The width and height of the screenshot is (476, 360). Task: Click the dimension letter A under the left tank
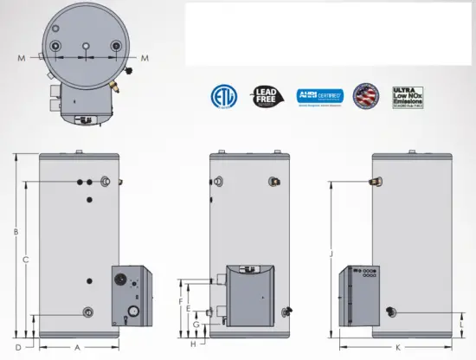point(76,347)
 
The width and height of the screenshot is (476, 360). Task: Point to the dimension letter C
point(26,259)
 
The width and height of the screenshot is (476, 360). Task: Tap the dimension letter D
point(16,347)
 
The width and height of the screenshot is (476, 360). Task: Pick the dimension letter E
point(188,308)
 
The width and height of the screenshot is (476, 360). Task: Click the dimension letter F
point(179,301)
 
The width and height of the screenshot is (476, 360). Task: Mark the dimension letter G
point(196,325)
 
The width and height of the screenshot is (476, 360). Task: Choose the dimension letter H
point(194,344)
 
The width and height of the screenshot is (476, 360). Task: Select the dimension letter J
point(331,254)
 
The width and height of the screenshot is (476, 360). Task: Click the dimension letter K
point(397,347)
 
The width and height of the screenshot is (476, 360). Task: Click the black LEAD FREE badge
point(264,96)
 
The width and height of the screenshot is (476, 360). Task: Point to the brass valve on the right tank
point(376,181)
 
